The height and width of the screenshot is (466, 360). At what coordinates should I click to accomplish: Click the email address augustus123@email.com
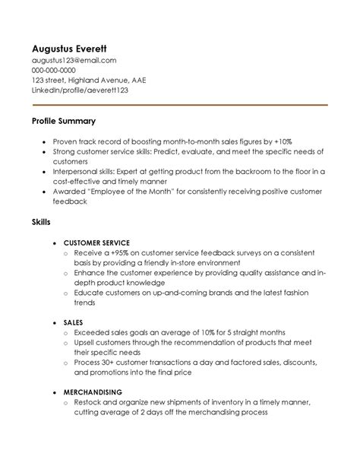pyautogui.click(x=74, y=59)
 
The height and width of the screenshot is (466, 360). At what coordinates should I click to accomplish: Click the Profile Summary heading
pyautogui.click(x=63, y=121)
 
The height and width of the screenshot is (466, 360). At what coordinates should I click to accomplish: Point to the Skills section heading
pyautogui.click(x=41, y=222)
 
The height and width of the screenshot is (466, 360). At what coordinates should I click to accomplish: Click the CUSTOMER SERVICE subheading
pyautogui.click(x=97, y=242)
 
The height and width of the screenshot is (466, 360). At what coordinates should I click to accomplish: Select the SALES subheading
pyautogui.click(x=74, y=322)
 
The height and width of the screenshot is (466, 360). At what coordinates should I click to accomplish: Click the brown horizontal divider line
pyautogui.click(x=180, y=104)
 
